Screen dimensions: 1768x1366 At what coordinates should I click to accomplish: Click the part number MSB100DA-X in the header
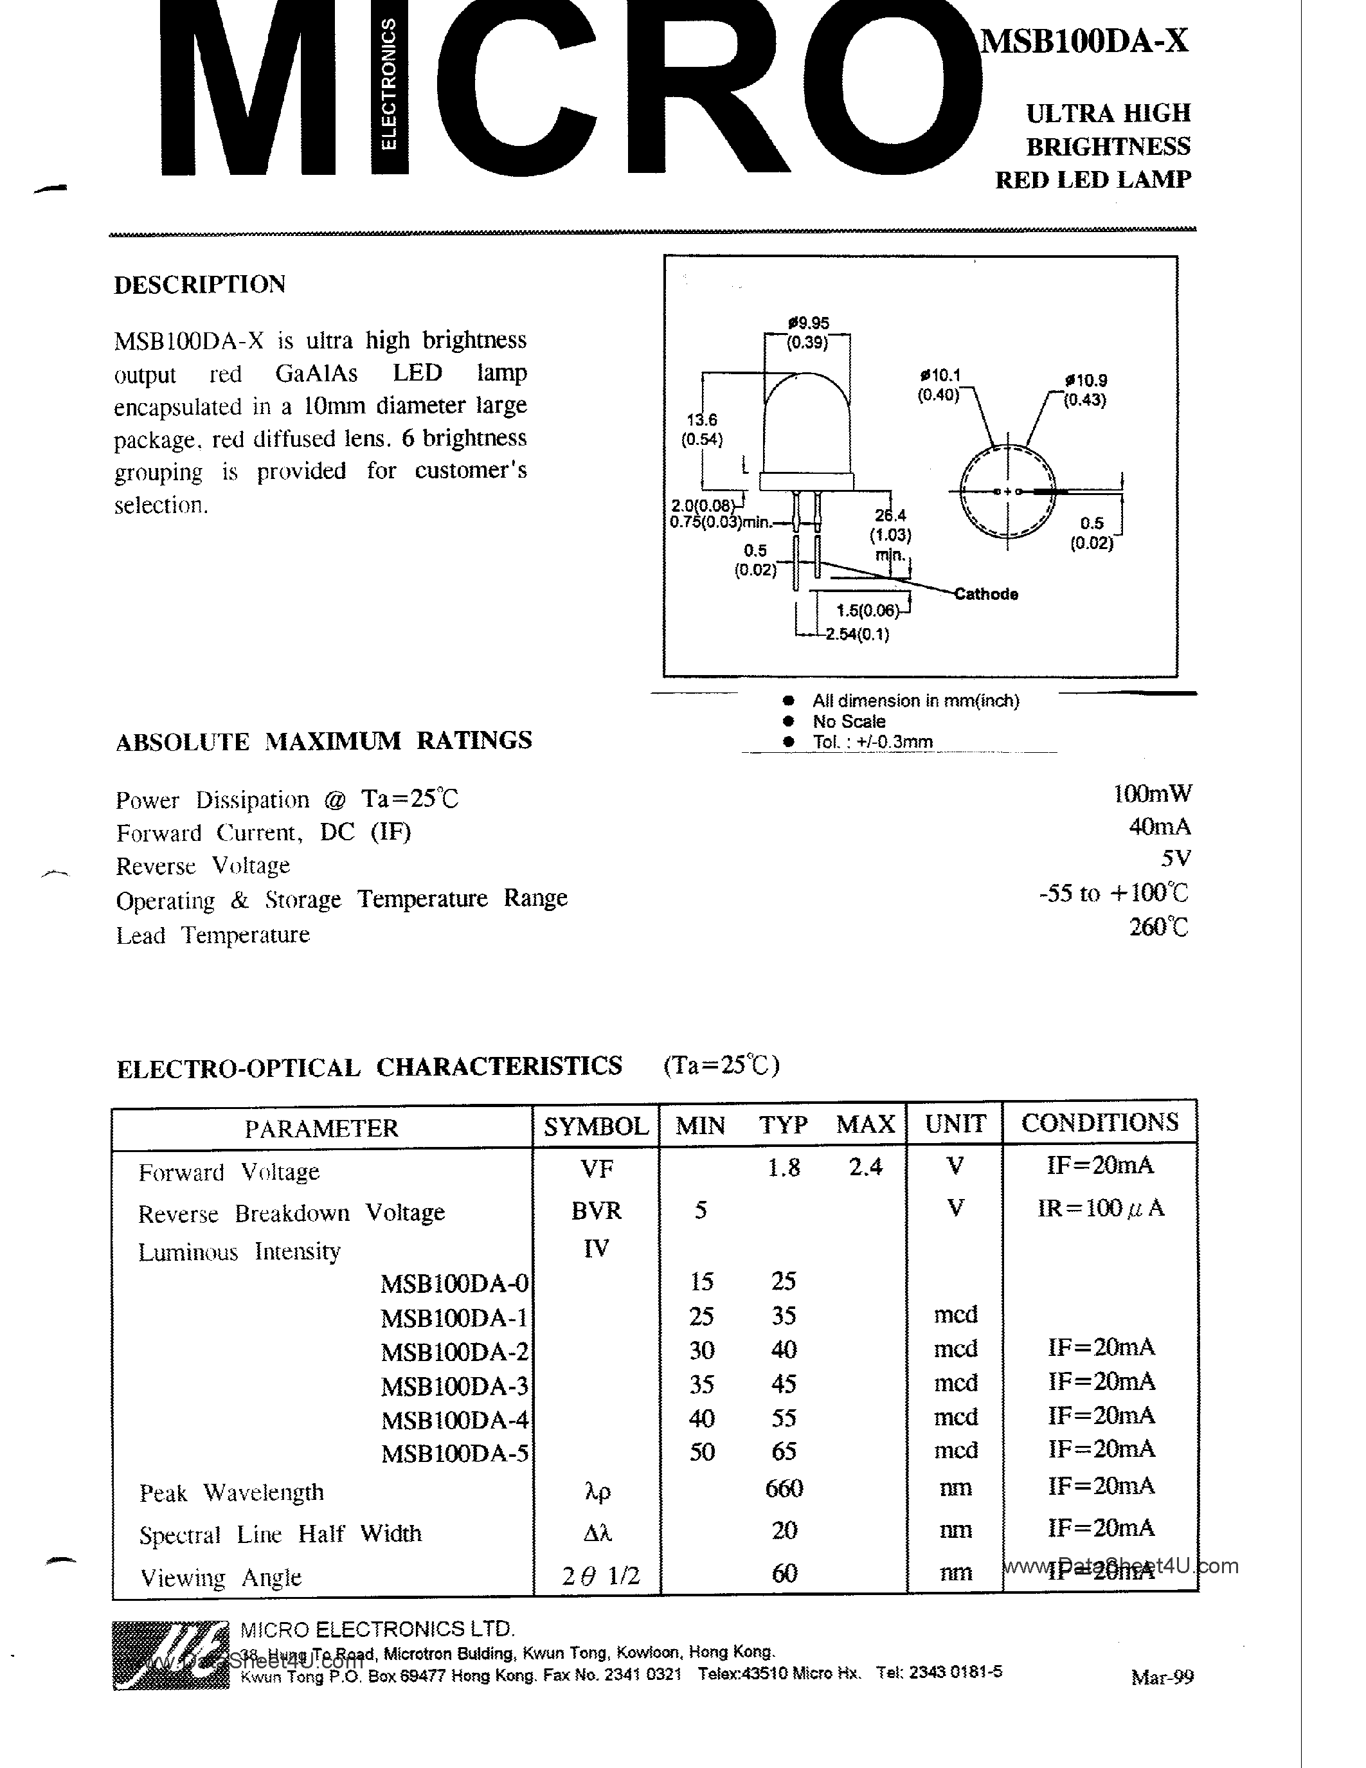[1084, 41]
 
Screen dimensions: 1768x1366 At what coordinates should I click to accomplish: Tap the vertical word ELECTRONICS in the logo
[390, 85]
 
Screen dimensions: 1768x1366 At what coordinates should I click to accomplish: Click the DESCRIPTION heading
[200, 285]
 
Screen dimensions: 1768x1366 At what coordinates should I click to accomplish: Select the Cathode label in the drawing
[985, 594]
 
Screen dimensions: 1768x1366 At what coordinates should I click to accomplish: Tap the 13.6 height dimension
[701, 420]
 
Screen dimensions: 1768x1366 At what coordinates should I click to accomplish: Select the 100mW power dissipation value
[1151, 794]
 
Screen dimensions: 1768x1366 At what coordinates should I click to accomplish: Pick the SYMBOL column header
[596, 1126]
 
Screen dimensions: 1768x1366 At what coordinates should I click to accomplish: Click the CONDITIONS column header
[1100, 1123]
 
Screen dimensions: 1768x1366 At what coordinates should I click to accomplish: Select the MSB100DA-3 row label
[454, 1387]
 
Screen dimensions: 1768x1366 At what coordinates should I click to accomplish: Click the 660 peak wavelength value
[784, 1488]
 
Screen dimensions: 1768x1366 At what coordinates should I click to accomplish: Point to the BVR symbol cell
[596, 1210]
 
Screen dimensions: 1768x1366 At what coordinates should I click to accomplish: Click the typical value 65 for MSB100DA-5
[784, 1452]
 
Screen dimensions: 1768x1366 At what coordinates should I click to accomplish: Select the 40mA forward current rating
[1160, 827]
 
